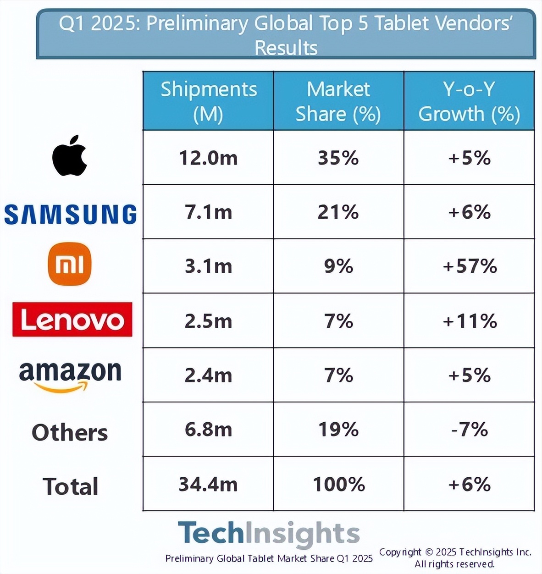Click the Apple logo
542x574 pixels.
pos(69,155)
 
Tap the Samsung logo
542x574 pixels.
pos(70,214)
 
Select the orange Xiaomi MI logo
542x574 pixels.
pos(70,264)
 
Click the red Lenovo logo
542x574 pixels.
pos(72,320)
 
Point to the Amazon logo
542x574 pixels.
pos(70,376)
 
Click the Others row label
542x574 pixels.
pos(70,432)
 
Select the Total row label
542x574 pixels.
pos(70,486)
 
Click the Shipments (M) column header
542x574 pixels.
pos(208,101)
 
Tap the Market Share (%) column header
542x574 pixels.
pos(338,101)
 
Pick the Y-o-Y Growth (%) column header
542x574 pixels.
pos(469,101)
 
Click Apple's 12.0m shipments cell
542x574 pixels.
pos(208,158)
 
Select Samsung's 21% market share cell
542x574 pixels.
pos(338,212)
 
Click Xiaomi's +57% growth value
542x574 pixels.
pos(470,266)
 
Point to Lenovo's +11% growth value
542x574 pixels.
pos(470,321)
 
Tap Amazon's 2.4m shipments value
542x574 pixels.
pos(208,375)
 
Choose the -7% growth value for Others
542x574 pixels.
pos(470,430)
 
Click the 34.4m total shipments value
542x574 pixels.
pos(208,485)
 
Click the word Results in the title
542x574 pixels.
pos(286,47)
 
